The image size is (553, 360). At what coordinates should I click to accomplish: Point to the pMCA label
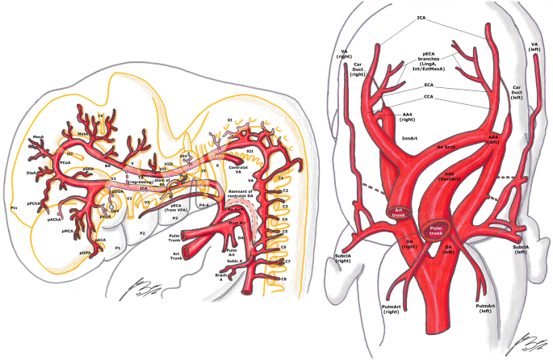(x=69, y=232)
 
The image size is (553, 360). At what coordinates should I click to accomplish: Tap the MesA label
(x=39, y=137)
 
